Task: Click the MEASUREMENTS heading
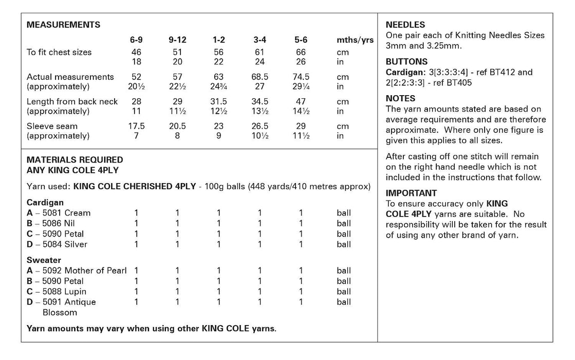(63, 25)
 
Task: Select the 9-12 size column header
(177, 40)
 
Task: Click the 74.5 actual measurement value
(301, 77)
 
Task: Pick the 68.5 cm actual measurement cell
(259, 77)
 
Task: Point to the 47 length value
(301, 101)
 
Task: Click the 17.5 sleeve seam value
(136, 126)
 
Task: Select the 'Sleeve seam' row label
(51, 126)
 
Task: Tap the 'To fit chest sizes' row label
(59, 52)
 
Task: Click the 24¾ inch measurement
(218, 86)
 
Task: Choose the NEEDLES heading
(405, 25)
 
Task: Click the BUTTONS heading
(406, 62)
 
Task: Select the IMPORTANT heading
(411, 193)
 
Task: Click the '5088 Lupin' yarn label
(70, 292)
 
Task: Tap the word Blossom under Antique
(60, 312)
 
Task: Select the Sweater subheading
(44, 260)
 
